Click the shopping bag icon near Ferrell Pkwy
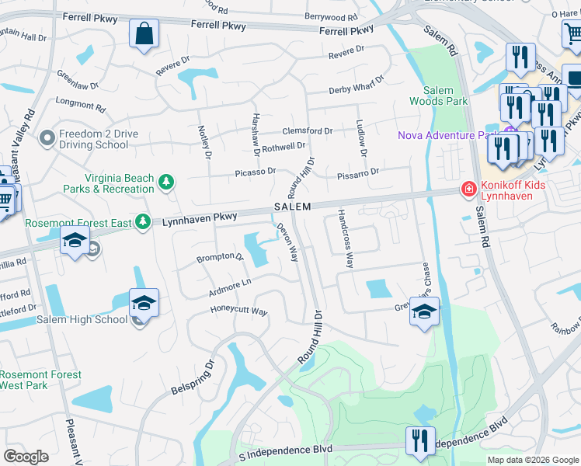click(144, 34)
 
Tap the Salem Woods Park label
click(440, 96)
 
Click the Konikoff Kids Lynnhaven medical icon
click(468, 189)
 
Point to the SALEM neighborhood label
click(292, 207)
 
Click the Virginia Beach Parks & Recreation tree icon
click(165, 183)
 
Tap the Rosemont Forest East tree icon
click(142, 222)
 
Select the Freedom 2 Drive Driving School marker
click(47, 139)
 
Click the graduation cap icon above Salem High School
click(144, 302)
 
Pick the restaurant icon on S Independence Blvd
click(419, 440)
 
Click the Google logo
click(26, 457)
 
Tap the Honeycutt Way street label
click(239, 311)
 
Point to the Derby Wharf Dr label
click(356, 85)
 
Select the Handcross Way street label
click(346, 238)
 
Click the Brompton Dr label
click(220, 257)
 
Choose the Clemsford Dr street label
click(307, 131)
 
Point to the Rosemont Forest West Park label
click(40, 380)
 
